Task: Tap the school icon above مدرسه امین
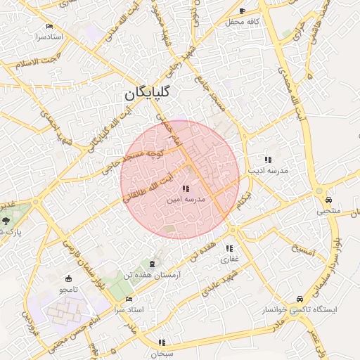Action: [186, 188]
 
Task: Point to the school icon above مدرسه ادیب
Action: [268, 160]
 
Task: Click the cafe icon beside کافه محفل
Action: [242, 11]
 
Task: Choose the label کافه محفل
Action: [243, 22]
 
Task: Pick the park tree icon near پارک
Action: [6, 221]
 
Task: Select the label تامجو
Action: [68, 290]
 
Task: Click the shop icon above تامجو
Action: [68, 278]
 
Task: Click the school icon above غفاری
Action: [229, 248]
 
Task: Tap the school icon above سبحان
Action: [162, 342]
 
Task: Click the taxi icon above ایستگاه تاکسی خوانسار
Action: [300, 298]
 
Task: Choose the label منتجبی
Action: [328, 210]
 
